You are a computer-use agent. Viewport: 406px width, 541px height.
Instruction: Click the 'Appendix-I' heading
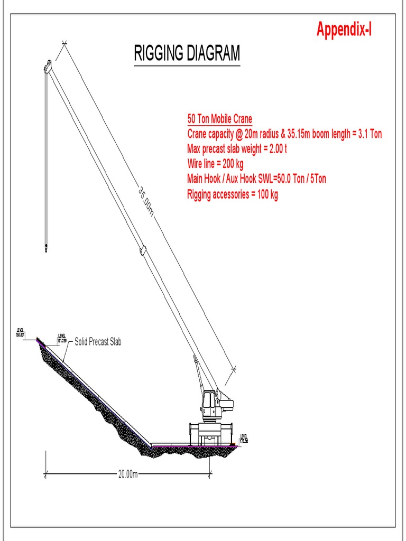pos(344,29)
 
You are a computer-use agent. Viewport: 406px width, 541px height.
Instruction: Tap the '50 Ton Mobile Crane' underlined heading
pos(219,118)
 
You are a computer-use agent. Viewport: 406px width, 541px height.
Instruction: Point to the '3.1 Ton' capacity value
pos(370,134)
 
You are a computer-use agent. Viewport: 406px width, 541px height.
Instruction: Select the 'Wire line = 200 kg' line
pos(215,164)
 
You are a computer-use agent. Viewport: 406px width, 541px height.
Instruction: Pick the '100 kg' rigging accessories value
pos(266,194)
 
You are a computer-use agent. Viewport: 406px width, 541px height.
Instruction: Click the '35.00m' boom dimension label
pos(145,201)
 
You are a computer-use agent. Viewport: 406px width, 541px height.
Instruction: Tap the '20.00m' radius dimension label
pos(127,474)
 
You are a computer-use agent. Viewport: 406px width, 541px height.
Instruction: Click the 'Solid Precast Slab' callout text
pos(98,342)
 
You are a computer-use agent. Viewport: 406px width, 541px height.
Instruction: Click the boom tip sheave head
pos(47,68)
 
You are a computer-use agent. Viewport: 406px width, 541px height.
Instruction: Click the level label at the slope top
pos(21,332)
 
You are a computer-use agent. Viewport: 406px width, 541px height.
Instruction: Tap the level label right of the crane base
pos(244,438)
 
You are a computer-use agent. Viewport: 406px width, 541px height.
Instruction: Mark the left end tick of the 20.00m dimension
pos(45,474)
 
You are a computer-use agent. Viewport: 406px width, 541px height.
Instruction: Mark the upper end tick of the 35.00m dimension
pos(64,43)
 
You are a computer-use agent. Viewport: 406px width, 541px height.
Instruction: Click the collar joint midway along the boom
pos(142,249)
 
